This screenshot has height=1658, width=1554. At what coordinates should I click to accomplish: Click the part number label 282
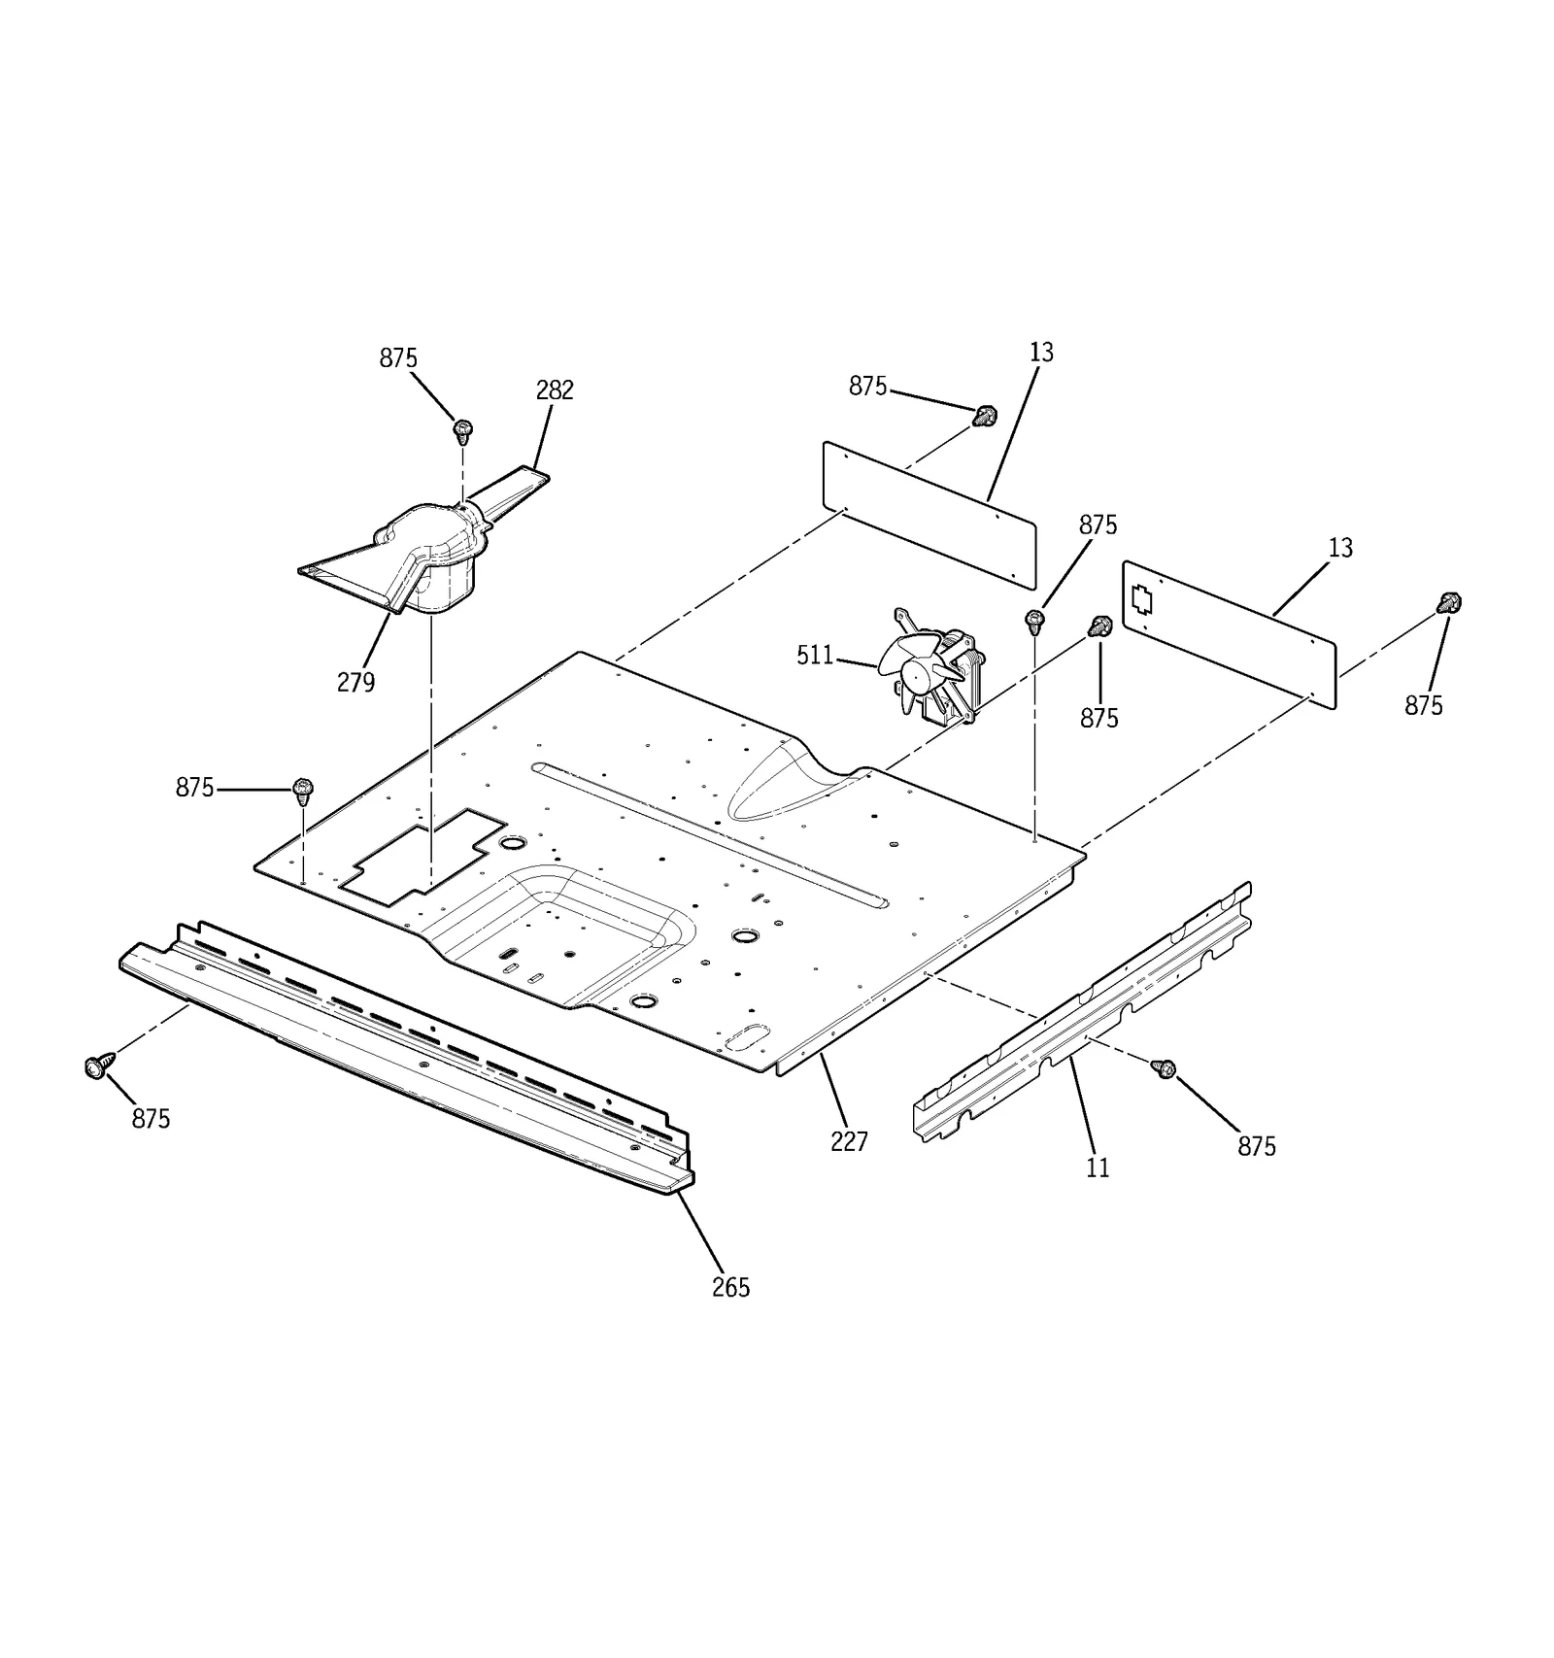(x=555, y=390)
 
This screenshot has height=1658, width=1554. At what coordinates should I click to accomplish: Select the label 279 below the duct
(x=355, y=683)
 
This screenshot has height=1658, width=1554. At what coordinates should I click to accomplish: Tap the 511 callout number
(x=815, y=656)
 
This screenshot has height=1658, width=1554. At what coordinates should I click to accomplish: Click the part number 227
(x=849, y=1141)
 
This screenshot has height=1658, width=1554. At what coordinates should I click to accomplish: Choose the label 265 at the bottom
(x=730, y=1287)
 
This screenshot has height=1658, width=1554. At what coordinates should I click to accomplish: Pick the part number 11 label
(x=1098, y=1167)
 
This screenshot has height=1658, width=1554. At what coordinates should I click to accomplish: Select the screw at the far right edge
(x=1449, y=603)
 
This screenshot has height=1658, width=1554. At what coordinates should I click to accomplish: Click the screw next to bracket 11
(x=1163, y=1068)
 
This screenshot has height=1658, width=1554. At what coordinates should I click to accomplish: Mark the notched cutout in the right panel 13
(x=1142, y=599)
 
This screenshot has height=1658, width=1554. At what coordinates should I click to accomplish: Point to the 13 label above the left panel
(x=1041, y=353)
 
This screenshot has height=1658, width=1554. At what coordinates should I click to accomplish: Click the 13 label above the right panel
(x=1340, y=548)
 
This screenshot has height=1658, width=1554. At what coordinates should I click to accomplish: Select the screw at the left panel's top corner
(x=985, y=417)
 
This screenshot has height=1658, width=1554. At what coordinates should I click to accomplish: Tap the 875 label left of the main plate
(x=194, y=788)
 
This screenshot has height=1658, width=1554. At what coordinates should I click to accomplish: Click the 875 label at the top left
(x=398, y=358)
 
